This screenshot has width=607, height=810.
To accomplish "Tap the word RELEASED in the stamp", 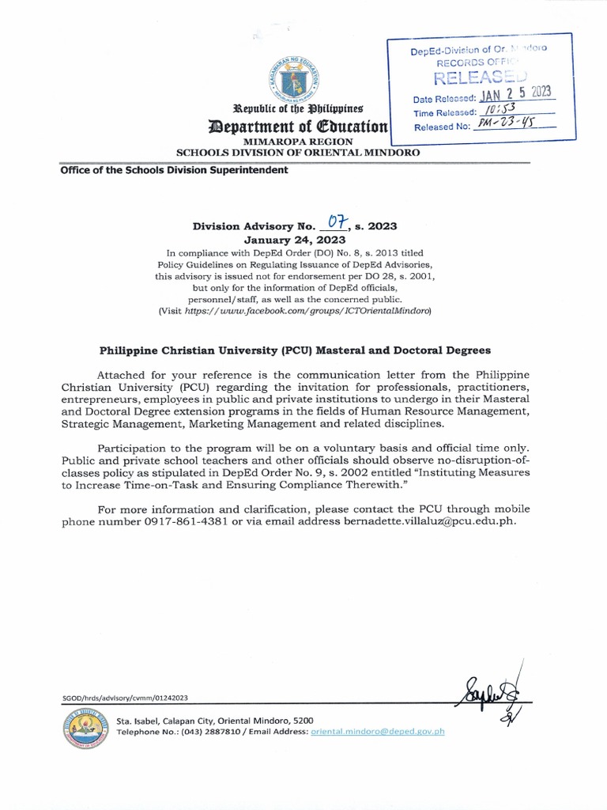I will (x=479, y=77).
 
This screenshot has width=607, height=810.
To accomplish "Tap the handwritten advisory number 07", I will (x=338, y=225).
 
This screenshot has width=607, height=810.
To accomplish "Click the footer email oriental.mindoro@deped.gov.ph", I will (x=378, y=732).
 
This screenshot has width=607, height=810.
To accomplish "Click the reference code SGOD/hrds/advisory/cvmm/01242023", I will (x=125, y=698).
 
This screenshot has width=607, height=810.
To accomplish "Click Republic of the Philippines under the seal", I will (x=297, y=108).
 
